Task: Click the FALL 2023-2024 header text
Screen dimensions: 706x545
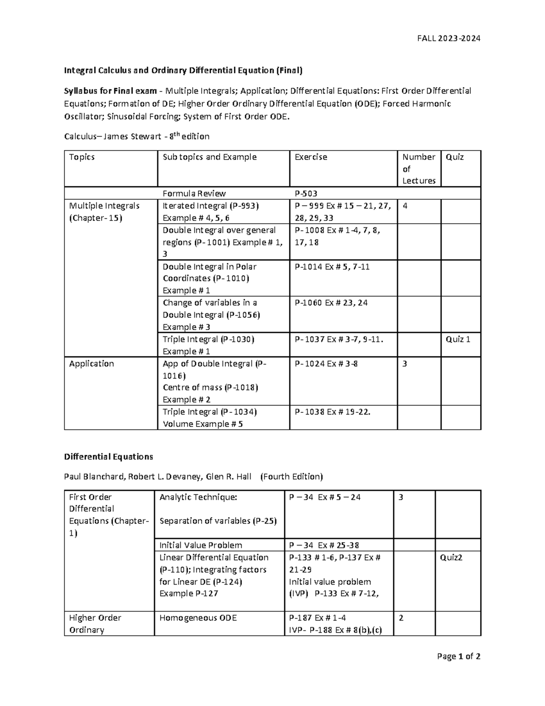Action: coord(448,38)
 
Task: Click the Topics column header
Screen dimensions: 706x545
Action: coord(82,157)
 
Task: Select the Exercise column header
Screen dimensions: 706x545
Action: coord(311,157)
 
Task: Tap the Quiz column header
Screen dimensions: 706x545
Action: coord(455,157)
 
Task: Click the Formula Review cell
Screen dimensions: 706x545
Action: coord(194,193)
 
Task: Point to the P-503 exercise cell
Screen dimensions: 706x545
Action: coord(306,193)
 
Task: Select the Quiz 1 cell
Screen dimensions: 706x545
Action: coord(458,339)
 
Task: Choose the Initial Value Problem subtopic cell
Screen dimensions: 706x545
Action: coord(201,545)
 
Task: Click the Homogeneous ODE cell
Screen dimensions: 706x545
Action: coord(198,618)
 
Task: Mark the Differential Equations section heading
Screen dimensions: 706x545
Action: coord(109,456)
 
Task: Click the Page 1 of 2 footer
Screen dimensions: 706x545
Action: coord(458,656)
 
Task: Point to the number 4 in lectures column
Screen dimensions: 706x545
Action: coord(405,206)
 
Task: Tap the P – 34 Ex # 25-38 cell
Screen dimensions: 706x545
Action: coord(324,545)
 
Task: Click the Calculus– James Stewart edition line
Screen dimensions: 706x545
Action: coord(137,136)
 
